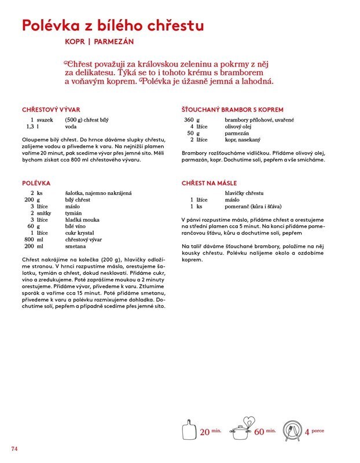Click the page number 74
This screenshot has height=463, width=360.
tap(15, 449)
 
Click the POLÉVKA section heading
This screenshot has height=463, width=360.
tap(36, 183)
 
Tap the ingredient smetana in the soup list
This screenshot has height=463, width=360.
tap(75, 246)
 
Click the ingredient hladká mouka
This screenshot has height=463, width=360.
tap(82, 221)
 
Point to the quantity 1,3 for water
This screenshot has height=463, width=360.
tap(27, 126)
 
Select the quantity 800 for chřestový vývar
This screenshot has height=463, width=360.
tap(30, 239)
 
